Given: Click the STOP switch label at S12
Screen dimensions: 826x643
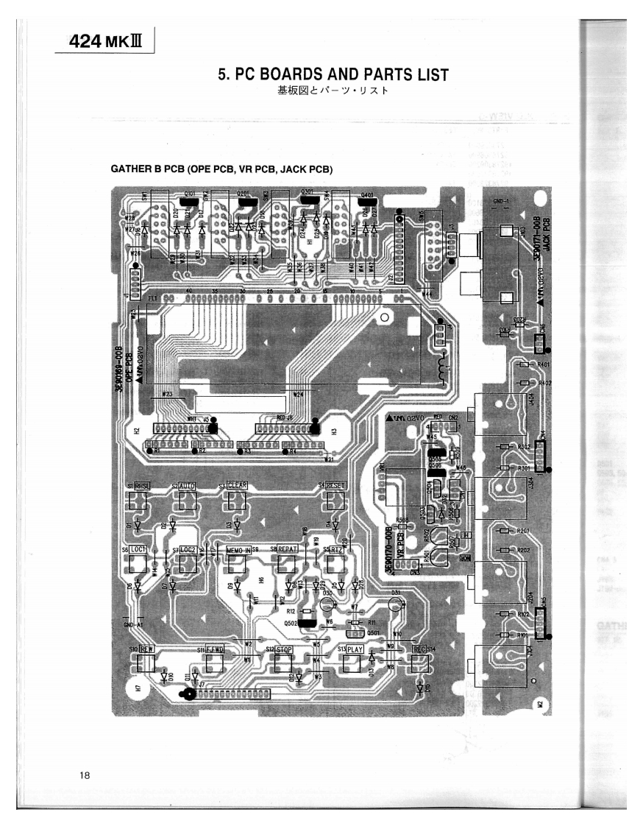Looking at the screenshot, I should point(284,650).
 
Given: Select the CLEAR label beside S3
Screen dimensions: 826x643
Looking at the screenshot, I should point(237,485).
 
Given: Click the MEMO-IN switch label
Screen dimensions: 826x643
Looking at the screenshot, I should point(238,549).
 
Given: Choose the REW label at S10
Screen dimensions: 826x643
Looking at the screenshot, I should point(146,649).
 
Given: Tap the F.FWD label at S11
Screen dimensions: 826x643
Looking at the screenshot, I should point(214,650).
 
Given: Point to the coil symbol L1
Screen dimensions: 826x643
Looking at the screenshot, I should point(444,368).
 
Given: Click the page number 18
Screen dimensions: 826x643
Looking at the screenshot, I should point(86,774).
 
